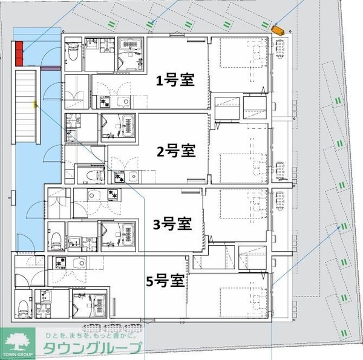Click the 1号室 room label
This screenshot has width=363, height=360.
click(175, 80)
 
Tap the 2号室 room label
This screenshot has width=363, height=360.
click(176, 150)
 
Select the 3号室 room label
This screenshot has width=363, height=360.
click(172, 224)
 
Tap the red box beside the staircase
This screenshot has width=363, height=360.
click(19, 53)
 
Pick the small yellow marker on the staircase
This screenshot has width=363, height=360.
click(35, 104)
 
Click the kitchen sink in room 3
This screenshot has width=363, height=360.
click(94, 195)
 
